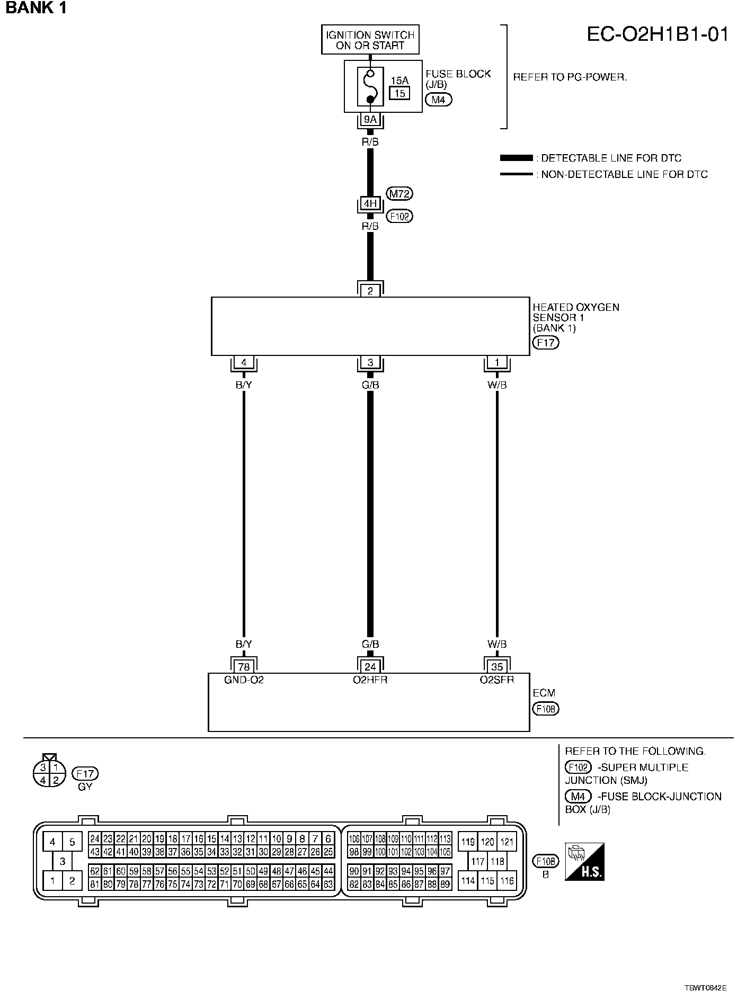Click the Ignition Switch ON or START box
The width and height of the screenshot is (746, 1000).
click(x=370, y=40)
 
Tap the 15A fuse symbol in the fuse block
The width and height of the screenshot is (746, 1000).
click(x=370, y=87)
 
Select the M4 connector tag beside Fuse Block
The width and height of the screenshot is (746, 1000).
click(x=438, y=100)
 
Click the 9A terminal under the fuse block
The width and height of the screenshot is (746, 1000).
click(x=370, y=120)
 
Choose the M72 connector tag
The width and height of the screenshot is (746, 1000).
click(x=399, y=194)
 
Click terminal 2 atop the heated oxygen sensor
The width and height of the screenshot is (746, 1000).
click(x=370, y=291)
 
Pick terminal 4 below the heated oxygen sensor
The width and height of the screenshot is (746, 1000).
click(x=244, y=363)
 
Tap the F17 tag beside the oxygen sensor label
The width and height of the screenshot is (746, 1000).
click(x=546, y=342)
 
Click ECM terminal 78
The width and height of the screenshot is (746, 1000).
click(x=244, y=667)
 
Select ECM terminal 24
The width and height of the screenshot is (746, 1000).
click(x=370, y=667)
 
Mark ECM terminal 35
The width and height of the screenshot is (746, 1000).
click(x=497, y=667)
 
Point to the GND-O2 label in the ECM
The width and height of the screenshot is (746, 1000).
click(x=244, y=680)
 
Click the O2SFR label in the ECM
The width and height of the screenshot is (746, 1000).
click(x=497, y=680)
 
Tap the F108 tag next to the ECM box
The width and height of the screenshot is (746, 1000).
click(x=546, y=709)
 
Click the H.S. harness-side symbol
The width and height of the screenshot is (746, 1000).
click(x=584, y=862)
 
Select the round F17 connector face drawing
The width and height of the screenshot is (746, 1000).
click(x=49, y=773)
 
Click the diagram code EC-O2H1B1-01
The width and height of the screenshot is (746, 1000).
click(x=658, y=34)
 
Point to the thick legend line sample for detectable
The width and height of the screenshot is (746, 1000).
click(x=516, y=158)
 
